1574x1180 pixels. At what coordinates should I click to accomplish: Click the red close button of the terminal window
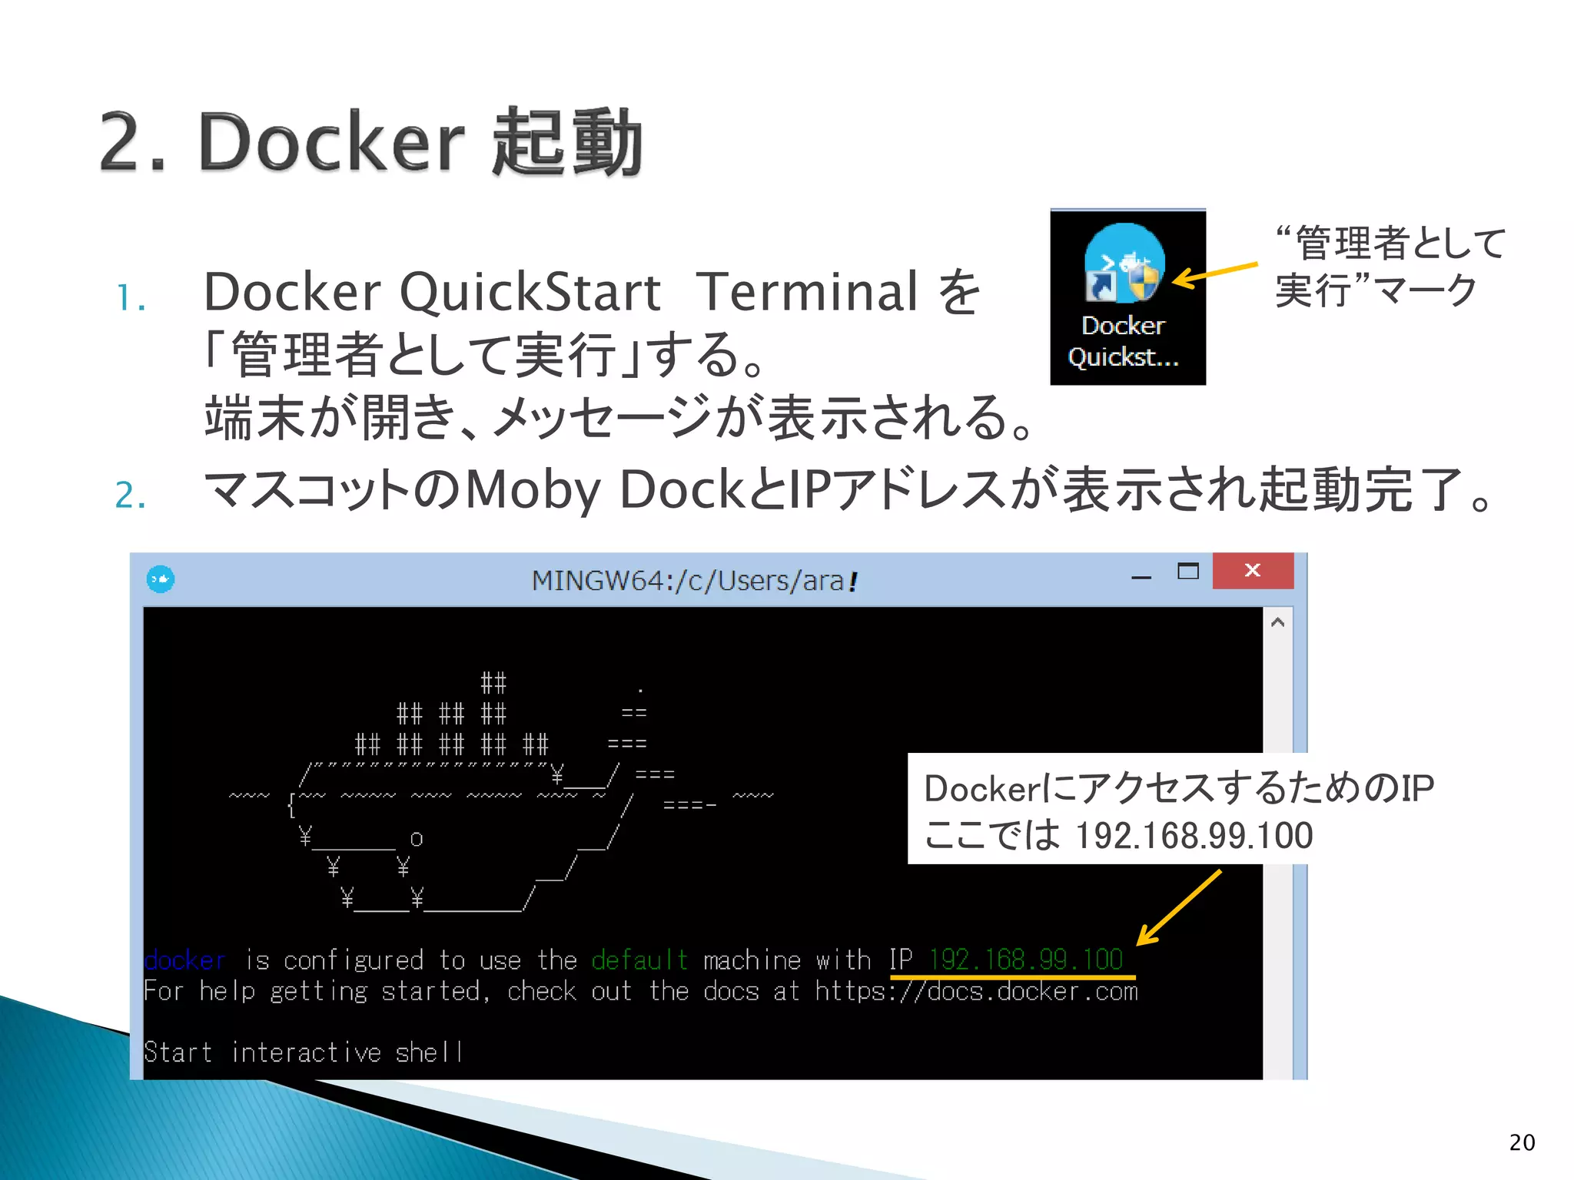tap(1253, 571)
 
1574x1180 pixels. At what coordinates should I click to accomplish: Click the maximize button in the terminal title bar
tap(1187, 571)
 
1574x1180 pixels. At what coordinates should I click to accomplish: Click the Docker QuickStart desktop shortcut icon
tap(1125, 263)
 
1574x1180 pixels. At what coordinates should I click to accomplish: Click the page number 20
tap(1522, 1142)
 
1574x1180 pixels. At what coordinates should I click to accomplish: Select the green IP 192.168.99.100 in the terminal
tap(1025, 960)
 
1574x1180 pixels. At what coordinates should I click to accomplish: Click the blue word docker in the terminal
tap(184, 960)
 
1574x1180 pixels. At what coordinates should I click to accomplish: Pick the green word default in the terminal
tap(639, 960)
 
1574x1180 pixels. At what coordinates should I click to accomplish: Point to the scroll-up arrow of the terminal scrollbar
tap(1277, 622)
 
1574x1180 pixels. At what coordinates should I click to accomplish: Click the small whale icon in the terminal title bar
tap(161, 579)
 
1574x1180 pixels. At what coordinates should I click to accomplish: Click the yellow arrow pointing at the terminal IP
tap(1178, 907)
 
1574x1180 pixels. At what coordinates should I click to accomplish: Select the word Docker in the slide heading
tap(331, 141)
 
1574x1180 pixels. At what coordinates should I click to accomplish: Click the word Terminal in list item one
tap(807, 292)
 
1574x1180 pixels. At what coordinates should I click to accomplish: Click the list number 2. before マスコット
tap(130, 496)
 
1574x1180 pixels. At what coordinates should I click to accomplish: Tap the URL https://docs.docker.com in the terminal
tap(976, 992)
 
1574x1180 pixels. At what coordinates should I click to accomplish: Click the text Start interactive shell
tap(304, 1052)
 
